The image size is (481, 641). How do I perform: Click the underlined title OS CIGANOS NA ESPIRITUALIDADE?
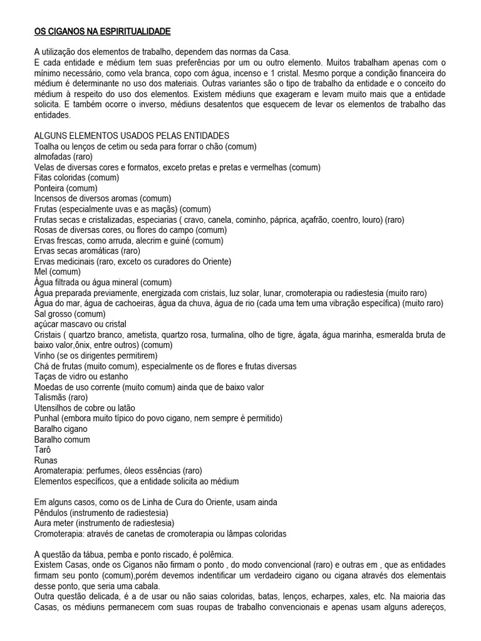pyautogui.click(x=102, y=31)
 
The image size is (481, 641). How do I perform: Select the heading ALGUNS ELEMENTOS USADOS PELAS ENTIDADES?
pyautogui.click(x=132, y=136)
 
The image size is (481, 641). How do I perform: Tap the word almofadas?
pyautogui.click(x=52, y=156)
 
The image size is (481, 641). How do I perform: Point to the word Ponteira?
pyautogui.click(x=49, y=188)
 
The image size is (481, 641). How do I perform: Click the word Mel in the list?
pyautogui.click(x=41, y=272)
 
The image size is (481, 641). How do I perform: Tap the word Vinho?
pyautogui.click(x=45, y=356)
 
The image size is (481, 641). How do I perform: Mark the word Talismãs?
pyautogui.click(x=52, y=397)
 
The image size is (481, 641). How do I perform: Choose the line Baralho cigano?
pyautogui.click(x=61, y=429)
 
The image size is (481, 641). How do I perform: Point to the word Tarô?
pyautogui.click(x=42, y=450)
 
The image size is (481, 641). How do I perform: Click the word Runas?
pyautogui.click(x=45, y=460)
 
